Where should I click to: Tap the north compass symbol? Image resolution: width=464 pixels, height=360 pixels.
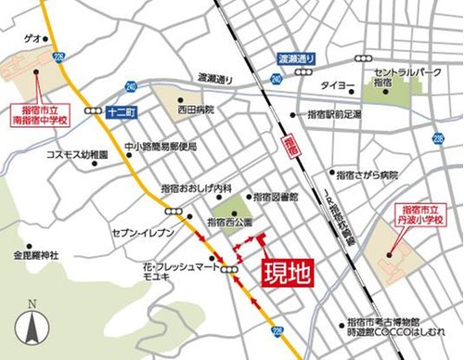32,326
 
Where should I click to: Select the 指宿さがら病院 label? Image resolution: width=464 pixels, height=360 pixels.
368,174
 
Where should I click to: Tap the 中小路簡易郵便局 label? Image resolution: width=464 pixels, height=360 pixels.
161,146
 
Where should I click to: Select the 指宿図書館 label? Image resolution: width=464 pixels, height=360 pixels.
276,198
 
